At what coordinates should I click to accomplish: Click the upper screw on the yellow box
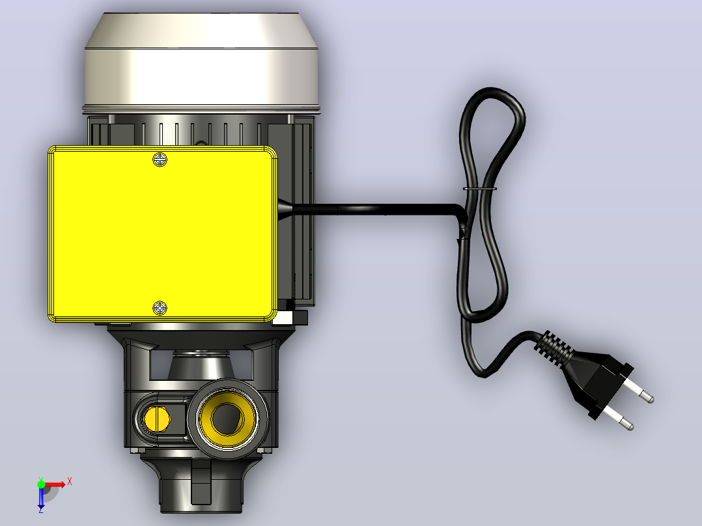[x=160, y=159]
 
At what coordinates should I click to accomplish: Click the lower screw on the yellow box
[x=160, y=308]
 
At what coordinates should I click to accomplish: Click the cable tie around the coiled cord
[x=479, y=189]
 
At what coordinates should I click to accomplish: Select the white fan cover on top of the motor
[x=201, y=62]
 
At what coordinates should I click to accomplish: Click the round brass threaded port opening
[x=228, y=419]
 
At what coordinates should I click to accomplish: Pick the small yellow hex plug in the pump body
[x=157, y=419]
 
